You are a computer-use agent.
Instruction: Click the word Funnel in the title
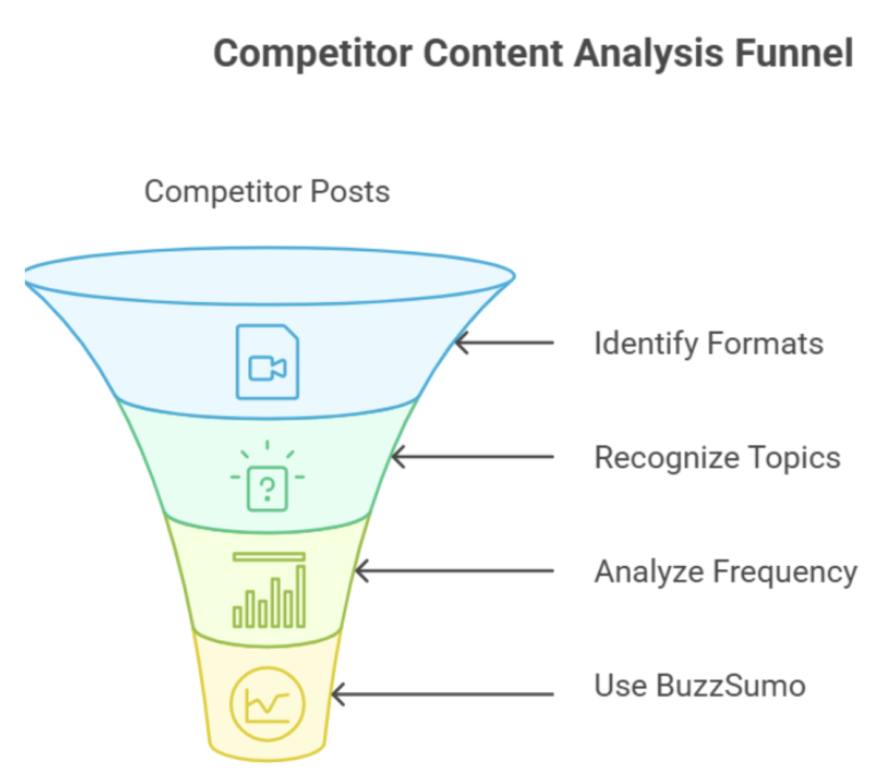[794, 53]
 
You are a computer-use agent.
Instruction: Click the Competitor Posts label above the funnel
[267, 192]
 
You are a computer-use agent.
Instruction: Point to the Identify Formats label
[708, 343]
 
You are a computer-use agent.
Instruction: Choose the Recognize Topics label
[717, 458]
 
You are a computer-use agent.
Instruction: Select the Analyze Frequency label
[725, 572]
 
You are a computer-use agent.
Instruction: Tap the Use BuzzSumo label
[699, 686]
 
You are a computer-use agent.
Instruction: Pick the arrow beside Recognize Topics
[473, 457]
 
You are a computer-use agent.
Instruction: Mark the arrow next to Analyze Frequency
[454, 571]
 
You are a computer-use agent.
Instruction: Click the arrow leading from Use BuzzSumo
[443, 694]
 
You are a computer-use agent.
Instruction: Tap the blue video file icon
[267, 362]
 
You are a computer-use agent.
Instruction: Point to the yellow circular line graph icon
[267, 704]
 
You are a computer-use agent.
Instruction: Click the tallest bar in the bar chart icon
[301, 595]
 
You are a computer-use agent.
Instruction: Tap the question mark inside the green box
[267, 489]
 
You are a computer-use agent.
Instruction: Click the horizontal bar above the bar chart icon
[269, 556]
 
